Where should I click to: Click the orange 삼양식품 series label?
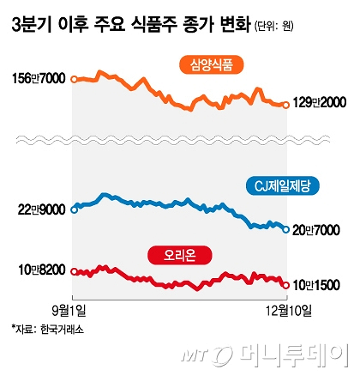point(211,65)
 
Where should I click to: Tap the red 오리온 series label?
point(180,256)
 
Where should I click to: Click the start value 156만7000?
point(39,79)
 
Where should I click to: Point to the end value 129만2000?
point(319,103)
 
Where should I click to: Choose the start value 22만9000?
point(41,210)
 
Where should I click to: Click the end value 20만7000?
point(316,230)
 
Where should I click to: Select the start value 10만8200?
point(42,270)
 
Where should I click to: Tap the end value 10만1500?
point(316,285)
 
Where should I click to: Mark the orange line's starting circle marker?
point(74,79)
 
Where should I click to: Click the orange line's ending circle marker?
point(286,105)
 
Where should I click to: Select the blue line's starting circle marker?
point(74,210)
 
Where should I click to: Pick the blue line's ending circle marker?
point(286,230)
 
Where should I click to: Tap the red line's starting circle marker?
point(74,271)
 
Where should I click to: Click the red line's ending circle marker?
point(286,285)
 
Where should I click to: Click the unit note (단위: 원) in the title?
point(274,26)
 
